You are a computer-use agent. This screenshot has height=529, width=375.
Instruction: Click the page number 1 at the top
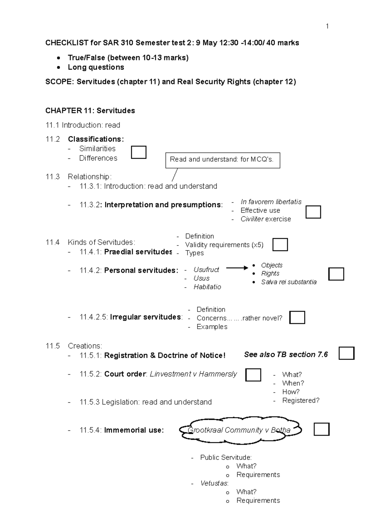(327, 26)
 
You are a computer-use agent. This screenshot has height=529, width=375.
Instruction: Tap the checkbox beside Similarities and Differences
(139, 153)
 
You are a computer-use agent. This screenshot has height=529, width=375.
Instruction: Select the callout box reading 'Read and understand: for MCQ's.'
(222, 160)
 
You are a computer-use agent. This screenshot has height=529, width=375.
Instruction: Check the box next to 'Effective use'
(313, 212)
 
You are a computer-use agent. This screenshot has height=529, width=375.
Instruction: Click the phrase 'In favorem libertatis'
(271, 202)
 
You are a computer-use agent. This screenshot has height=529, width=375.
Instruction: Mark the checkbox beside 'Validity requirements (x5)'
(280, 245)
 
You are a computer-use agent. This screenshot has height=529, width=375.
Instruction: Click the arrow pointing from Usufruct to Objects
(237, 268)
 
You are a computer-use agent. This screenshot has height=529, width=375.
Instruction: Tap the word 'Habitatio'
(207, 287)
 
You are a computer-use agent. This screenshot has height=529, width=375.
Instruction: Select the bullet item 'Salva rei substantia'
(289, 282)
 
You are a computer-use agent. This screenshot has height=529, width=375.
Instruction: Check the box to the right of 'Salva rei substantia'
(336, 274)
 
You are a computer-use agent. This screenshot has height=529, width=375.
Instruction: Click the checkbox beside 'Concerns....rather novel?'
(297, 318)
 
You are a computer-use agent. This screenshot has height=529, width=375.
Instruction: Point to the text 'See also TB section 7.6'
(286, 355)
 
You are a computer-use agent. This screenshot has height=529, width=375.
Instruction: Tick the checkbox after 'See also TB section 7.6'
(347, 353)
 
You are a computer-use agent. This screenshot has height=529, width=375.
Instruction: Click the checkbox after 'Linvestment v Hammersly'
(253, 375)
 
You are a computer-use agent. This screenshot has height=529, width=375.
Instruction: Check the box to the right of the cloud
(322, 430)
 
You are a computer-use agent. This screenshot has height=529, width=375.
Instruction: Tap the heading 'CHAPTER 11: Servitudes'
(90, 111)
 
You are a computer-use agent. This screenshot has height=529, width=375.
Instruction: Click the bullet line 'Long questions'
(96, 67)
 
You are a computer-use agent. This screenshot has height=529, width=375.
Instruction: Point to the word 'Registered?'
(301, 400)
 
